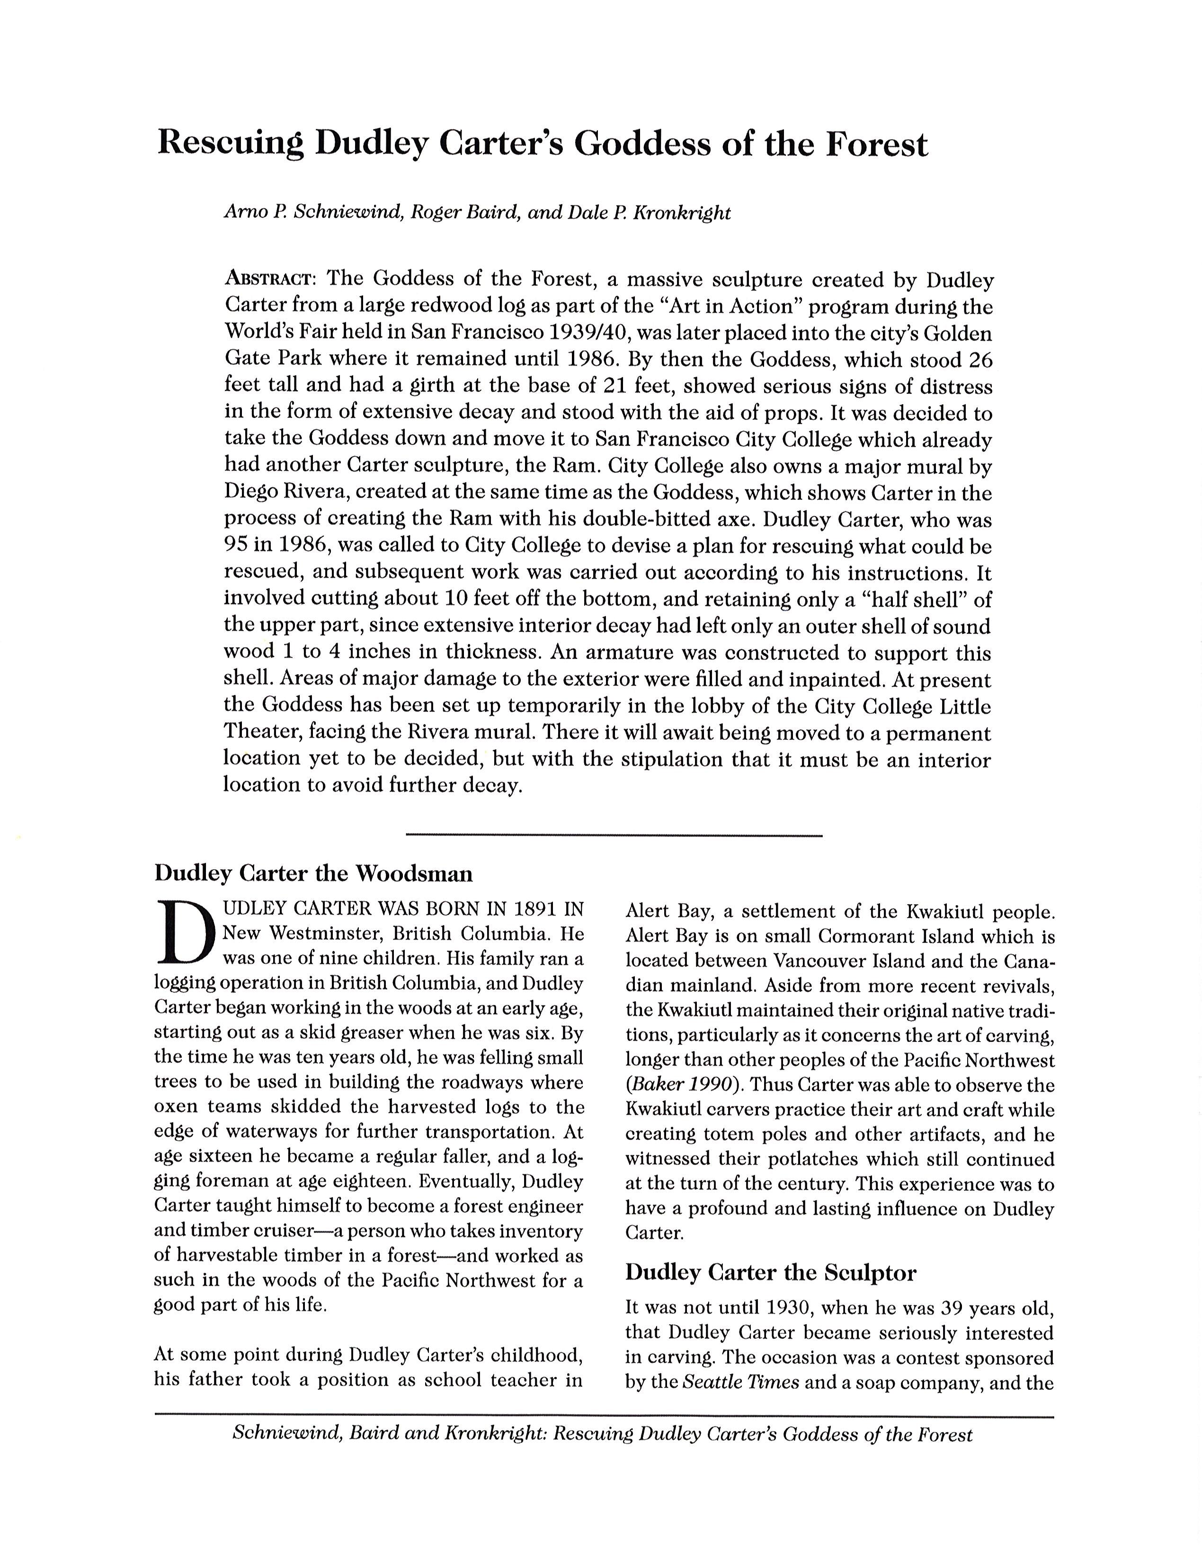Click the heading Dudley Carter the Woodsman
click(313, 873)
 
